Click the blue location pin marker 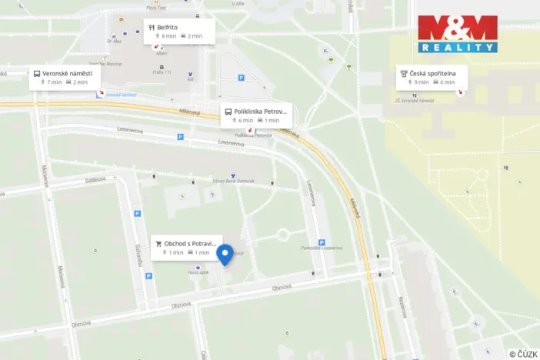(x=225, y=255)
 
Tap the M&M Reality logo (x=458, y=34)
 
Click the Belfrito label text (x=168, y=27)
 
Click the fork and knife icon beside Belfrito (x=152, y=27)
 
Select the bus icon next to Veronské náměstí (x=36, y=74)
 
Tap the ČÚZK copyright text (x=522, y=353)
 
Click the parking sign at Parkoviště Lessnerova (x=322, y=242)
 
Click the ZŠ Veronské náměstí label (x=415, y=101)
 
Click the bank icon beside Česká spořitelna (x=403, y=73)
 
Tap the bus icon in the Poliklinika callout (x=228, y=112)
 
